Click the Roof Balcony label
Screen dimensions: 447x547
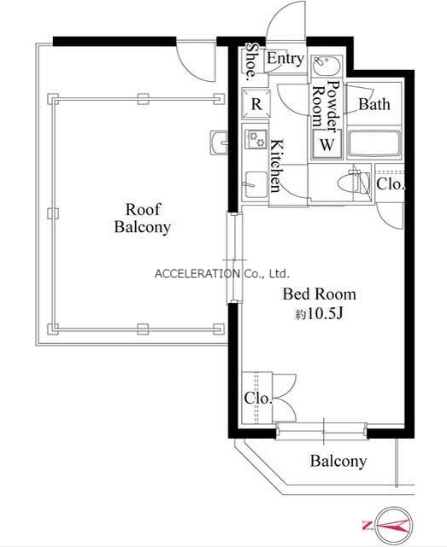pyautogui.click(x=143, y=218)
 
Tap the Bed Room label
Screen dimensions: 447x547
pyautogui.click(x=320, y=294)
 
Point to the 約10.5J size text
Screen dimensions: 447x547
pyautogui.click(x=319, y=314)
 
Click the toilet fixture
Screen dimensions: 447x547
pyautogui.click(x=354, y=182)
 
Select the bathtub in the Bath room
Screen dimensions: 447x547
pyautogui.click(x=374, y=143)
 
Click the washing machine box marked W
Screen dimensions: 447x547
pyautogui.click(x=327, y=144)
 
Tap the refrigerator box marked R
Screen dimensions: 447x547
pyautogui.click(x=256, y=104)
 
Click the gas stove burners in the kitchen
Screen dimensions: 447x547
pyautogui.click(x=256, y=139)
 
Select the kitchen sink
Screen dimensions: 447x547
pyautogui.click(x=256, y=184)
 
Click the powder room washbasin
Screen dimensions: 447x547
pyautogui.click(x=326, y=65)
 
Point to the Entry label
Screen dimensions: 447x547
pyautogui.click(x=285, y=59)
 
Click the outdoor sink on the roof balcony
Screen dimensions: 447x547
pyautogui.click(x=219, y=143)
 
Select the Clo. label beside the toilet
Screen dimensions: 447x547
pyautogui.click(x=391, y=183)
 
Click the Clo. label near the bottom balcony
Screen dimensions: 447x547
pyautogui.click(x=258, y=398)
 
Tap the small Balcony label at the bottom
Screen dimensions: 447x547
pyautogui.click(x=338, y=461)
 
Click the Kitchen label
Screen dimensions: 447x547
pyautogui.click(x=276, y=166)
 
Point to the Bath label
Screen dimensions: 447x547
pyautogui.click(x=374, y=104)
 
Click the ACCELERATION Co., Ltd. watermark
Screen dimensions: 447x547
pyautogui.click(x=222, y=274)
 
